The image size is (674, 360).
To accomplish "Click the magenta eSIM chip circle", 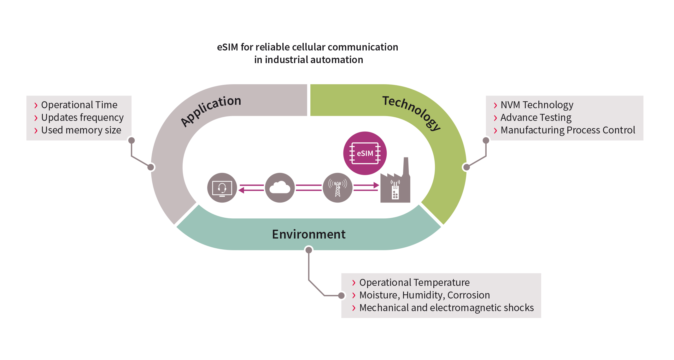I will coord(365,153).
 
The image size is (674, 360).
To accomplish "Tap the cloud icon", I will coord(280,188).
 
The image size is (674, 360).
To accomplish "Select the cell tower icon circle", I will coord(337,188).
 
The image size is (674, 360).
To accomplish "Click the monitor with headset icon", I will coord(222,188).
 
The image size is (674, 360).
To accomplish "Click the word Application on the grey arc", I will coord(211,111).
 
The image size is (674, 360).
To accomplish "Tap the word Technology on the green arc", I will coord(412,112).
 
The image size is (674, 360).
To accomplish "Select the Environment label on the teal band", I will coord(308,234).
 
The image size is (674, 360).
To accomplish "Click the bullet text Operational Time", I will coord(79,105).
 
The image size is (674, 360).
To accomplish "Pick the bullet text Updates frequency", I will coord(82,117).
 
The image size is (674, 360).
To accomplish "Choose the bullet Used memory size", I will coord(81,130).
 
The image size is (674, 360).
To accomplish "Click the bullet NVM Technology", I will coord(537,105).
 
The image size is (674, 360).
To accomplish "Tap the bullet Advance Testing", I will coord(536,117).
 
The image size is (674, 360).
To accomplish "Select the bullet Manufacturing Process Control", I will coord(568,130).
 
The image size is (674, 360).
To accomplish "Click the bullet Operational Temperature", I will coord(414,282).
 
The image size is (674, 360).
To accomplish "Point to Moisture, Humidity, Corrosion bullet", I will coord(425,295).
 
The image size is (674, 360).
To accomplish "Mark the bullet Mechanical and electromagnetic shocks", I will coord(447,308).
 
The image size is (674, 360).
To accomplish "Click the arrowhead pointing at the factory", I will coord(376,185).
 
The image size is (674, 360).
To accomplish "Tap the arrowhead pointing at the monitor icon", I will coord(242,190).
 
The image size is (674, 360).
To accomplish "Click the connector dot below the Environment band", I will coord(309,250).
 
